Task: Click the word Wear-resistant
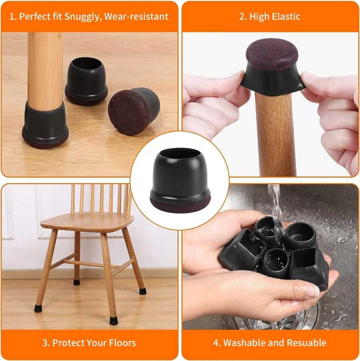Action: click(x=136, y=16)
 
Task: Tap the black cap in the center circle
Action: click(x=180, y=180)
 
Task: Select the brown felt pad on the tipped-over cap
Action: click(x=129, y=112)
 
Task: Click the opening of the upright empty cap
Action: click(x=87, y=63)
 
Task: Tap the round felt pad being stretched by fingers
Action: click(x=272, y=54)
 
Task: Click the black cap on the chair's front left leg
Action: click(x=38, y=308)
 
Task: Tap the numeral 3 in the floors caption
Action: click(x=45, y=343)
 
